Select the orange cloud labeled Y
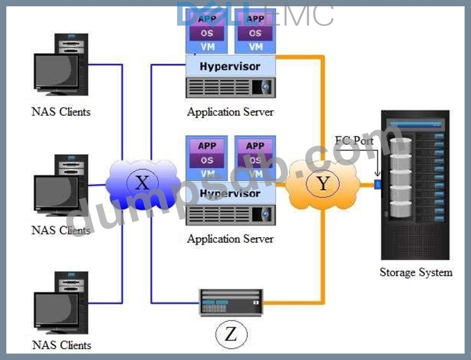pos(323,183)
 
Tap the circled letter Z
pos(230,334)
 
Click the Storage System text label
pos(416,272)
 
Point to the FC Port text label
pos(354,140)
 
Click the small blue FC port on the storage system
pos(377,184)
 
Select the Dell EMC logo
pos(255,14)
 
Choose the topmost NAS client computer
pos(61,67)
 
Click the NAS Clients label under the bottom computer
pos(61,345)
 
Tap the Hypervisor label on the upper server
pos(230,67)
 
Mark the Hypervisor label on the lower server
pos(230,193)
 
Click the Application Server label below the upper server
pos(230,112)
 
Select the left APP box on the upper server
pos(207,19)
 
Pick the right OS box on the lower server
pos(255,160)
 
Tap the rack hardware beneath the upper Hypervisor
pos(230,87)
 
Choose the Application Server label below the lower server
pos(230,238)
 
